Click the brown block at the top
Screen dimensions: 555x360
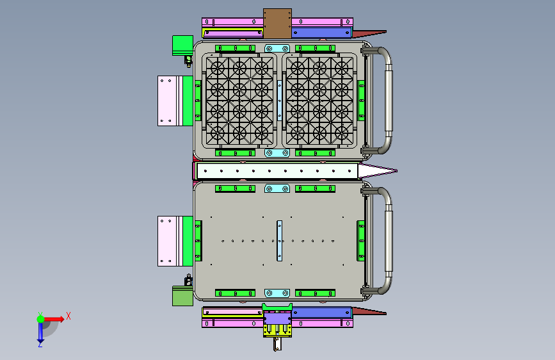pyautogui.click(x=277, y=24)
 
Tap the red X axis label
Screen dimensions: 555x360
pyautogui.click(x=68, y=316)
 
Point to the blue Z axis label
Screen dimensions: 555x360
pyautogui.click(x=40, y=344)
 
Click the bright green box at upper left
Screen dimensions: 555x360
pyautogui.click(x=182, y=45)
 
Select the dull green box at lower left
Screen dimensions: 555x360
pyautogui.click(x=182, y=296)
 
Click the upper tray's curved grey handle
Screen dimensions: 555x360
pyautogui.click(x=389, y=101)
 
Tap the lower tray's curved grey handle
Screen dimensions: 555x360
pyautogui.click(x=389, y=241)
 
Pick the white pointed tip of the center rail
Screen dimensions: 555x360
pyautogui.click(x=377, y=171)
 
